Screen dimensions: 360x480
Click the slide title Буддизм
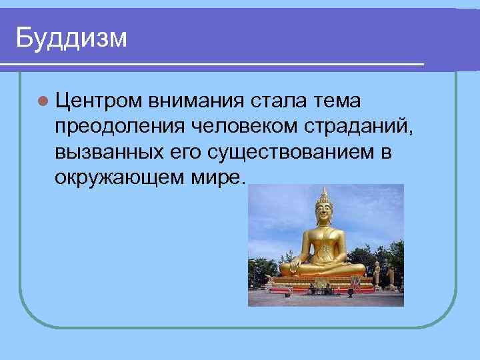pos(71,38)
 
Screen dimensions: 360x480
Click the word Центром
pos(99,101)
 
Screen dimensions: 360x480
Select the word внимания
pos(198,101)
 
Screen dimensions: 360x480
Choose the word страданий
pos(365,127)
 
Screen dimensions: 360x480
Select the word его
pos(183,153)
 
